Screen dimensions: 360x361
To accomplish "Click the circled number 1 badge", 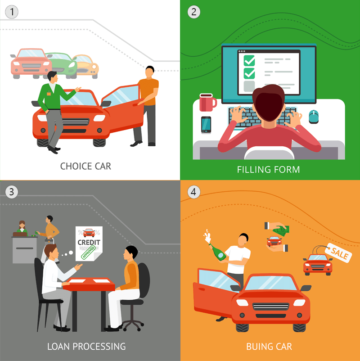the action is [x=12, y=12].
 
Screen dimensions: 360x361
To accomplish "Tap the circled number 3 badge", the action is [x=12, y=192].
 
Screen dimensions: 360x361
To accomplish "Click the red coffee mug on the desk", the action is [x=207, y=102].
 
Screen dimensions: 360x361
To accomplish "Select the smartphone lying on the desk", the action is [x=206, y=125].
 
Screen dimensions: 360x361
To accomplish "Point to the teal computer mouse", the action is [x=314, y=117].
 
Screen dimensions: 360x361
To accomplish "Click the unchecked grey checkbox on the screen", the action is [x=249, y=86].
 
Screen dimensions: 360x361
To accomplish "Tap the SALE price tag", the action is [x=338, y=253].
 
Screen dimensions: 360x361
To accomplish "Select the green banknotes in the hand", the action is [x=281, y=230].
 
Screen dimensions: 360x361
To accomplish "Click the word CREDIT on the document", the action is [x=89, y=243].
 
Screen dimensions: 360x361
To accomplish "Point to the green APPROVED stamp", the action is [x=88, y=253].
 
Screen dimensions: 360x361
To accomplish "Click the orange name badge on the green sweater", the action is [x=49, y=94].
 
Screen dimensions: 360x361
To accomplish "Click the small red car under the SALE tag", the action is [x=318, y=265].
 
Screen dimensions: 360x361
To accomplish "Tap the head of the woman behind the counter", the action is [x=22, y=224].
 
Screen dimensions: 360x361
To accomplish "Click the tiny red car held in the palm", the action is [x=274, y=241].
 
